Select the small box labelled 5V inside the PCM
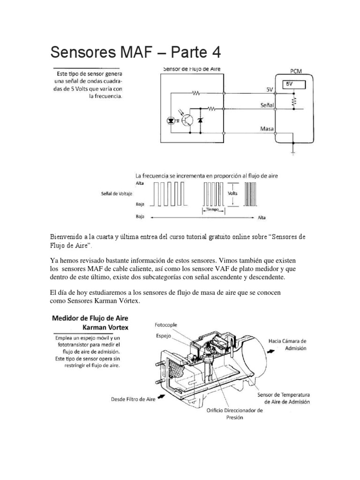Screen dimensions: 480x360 click(x=294, y=84)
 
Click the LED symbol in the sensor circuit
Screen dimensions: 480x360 click(x=171, y=121)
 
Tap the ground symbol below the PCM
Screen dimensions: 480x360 click(x=293, y=151)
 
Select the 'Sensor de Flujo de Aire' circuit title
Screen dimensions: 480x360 click(x=191, y=69)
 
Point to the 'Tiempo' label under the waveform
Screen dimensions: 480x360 click(x=214, y=211)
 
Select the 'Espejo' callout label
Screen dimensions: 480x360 click(x=164, y=336)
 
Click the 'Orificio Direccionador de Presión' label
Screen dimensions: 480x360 click(x=234, y=414)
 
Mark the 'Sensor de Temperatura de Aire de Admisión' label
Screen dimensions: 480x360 click(x=286, y=398)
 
